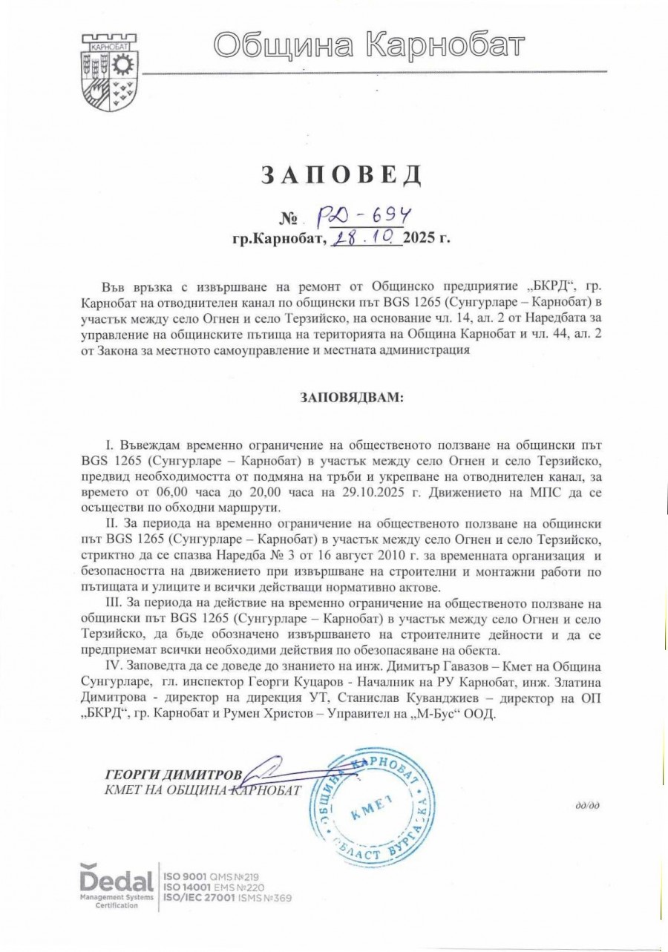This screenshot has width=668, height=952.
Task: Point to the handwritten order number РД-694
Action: coord(364,216)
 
